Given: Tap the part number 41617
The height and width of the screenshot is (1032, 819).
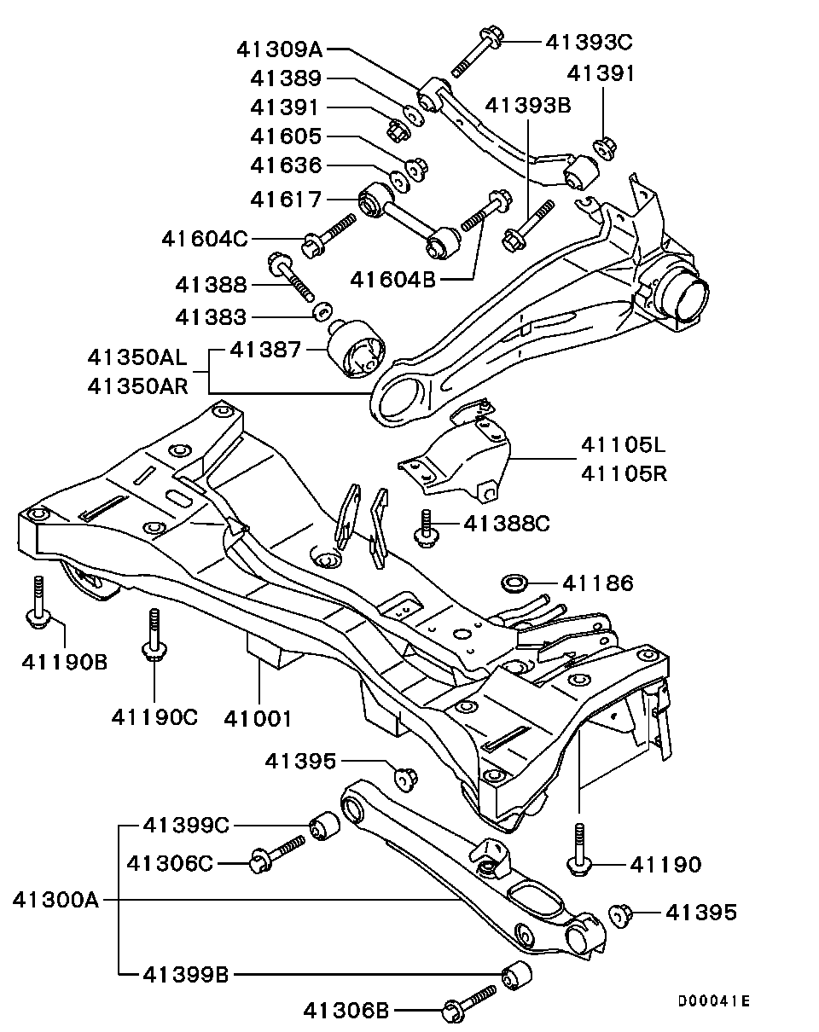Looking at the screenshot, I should pyautogui.click(x=286, y=200).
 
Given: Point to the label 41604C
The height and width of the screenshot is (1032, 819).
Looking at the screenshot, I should pyautogui.click(x=204, y=239).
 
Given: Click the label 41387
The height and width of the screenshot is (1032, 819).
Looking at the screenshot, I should pyautogui.click(x=265, y=348).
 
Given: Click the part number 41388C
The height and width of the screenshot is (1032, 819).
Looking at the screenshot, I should pyautogui.click(x=507, y=523).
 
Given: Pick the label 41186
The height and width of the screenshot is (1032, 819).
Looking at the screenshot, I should pyautogui.click(x=597, y=583).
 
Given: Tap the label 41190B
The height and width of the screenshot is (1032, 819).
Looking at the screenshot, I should pyautogui.click(x=64, y=660).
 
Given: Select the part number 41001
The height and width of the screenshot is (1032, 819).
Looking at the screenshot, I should pyautogui.click(x=258, y=718).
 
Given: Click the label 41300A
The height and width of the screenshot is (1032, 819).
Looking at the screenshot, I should pyautogui.click(x=57, y=899).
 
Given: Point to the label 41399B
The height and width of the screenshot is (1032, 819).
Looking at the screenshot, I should pyautogui.click(x=185, y=973).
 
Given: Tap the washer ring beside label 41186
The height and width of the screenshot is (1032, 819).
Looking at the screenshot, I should pyautogui.click(x=514, y=583).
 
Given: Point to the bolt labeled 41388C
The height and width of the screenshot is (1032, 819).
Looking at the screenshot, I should pyautogui.click(x=424, y=526).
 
